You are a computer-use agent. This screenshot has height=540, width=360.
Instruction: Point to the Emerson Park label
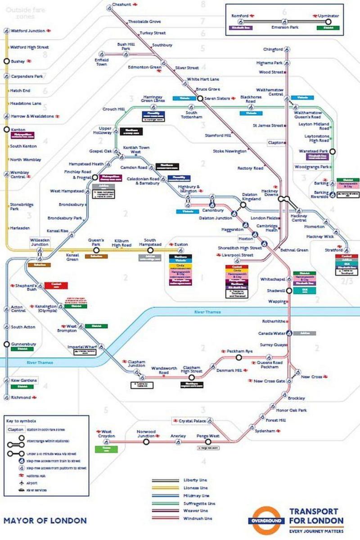click(x=284, y=27)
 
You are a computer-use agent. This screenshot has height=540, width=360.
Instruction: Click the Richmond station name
click(x=20, y=397)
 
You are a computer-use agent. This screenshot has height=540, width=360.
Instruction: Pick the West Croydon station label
click(x=106, y=434)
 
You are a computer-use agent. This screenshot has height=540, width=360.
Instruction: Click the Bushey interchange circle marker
click(x=7, y=61)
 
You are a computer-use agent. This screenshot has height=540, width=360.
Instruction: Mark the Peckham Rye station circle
click(x=239, y=357)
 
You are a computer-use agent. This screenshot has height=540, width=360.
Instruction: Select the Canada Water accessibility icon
click(x=290, y=333)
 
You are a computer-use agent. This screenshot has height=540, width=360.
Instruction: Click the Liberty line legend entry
click(x=195, y=480)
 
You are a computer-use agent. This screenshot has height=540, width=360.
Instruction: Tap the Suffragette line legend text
click(x=198, y=503)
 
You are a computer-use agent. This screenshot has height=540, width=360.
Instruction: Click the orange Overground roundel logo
click(x=268, y=521)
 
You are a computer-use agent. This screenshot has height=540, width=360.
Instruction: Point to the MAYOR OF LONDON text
click(x=45, y=521)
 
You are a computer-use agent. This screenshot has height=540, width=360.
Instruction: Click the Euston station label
click(x=181, y=244)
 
